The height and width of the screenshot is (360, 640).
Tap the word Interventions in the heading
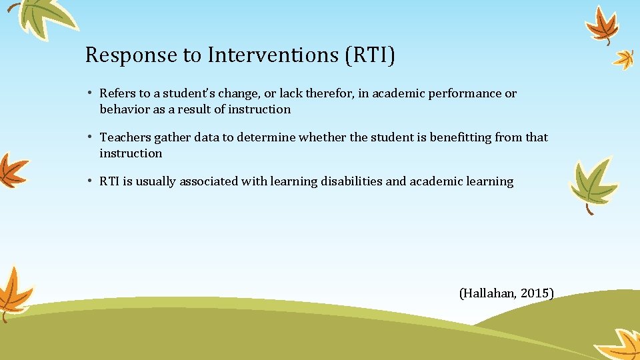pos(273,55)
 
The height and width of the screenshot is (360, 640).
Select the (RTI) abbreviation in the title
pos(370,55)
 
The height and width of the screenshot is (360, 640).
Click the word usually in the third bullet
pos(157,181)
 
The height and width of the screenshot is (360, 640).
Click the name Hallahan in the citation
pos(489,293)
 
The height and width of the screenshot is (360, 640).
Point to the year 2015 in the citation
pos(535,293)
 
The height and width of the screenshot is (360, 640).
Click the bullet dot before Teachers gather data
pos(91,137)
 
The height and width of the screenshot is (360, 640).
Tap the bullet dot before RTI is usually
pos(91,181)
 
